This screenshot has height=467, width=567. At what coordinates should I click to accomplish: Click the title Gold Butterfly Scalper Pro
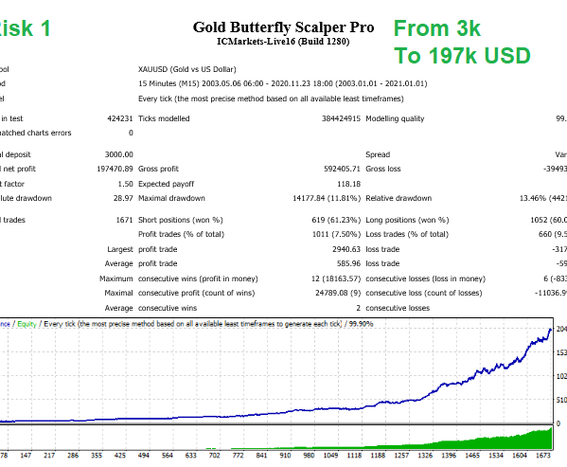coord(283,27)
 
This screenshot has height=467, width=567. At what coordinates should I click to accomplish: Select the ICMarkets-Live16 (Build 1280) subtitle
coord(283,43)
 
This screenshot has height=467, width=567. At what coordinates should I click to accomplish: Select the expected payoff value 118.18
coord(339,184)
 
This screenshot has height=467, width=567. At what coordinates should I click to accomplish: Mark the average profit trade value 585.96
coord(338,263)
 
